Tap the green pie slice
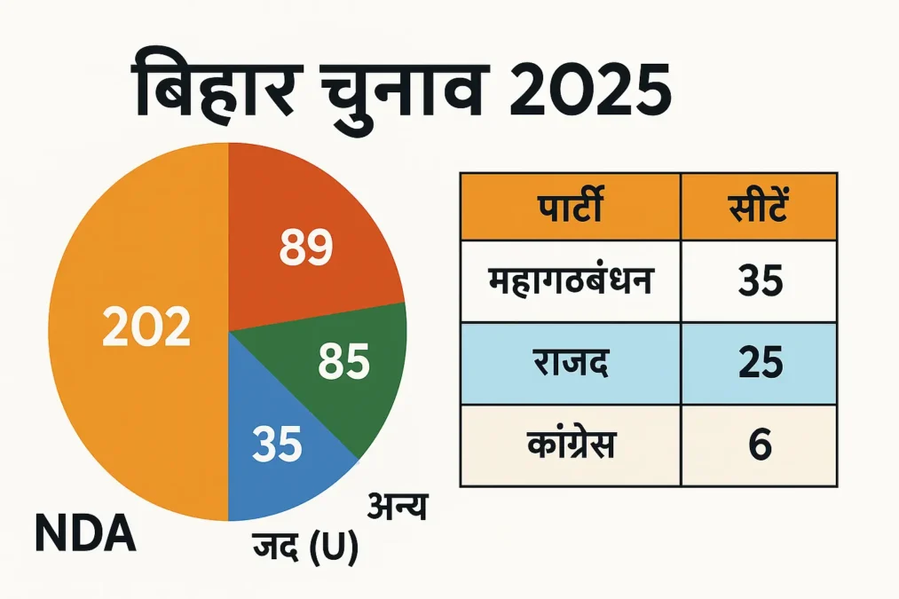pos(355,373)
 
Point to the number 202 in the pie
pos(146,329)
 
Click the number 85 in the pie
pos(343,363)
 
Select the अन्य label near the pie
pos(397,508)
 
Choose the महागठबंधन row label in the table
pos(570,283)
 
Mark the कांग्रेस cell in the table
pos(570,444)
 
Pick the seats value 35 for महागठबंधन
pos(759,283)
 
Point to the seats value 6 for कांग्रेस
pos(759,444)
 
